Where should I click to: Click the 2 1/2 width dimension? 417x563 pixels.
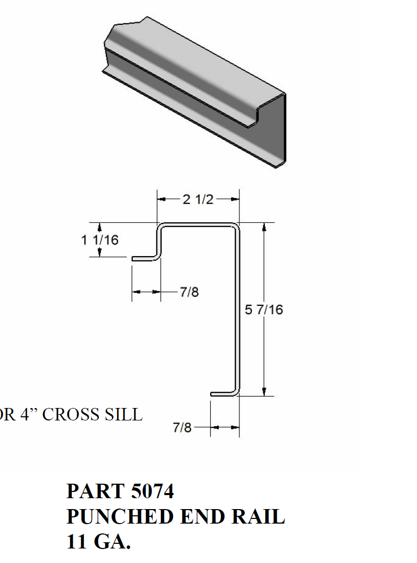[x=198, y=199]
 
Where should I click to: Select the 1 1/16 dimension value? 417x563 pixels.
[x=100, y=240]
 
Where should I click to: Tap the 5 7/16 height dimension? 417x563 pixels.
[x=264, y=310]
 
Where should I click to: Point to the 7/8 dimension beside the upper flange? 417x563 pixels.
[x=189, y=292]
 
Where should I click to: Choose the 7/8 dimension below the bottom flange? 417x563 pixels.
[x=182, y=428]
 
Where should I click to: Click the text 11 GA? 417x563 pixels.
[x=99, y=542]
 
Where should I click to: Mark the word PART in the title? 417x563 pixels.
[x=95, y=491]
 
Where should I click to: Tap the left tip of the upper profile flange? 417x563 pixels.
[x=133, y=258]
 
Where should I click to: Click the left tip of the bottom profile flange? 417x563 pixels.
[x=212, y=393]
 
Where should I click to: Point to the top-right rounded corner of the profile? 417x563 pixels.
[x=236, y=227]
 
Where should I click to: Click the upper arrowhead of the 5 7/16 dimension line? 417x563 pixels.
[x=264, y=227]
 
